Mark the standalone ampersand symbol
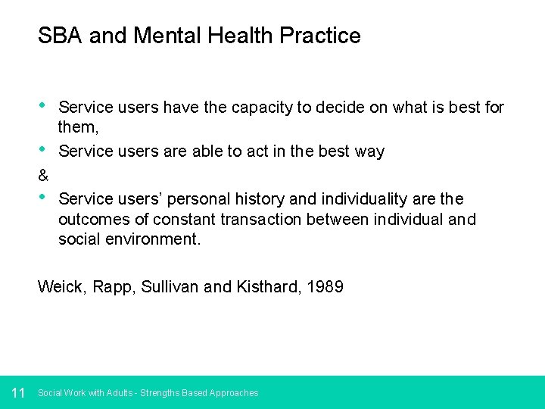point(43,176)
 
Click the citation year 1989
point(325,287)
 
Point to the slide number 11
point(19,392)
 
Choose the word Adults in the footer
point(120,393)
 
